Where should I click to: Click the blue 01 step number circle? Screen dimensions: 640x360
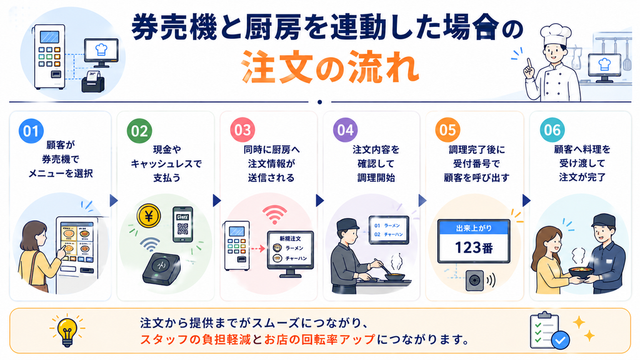tap(31, 131)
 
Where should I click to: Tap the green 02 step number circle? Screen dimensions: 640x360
tap(139, 131)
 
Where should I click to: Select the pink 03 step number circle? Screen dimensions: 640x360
tap(242, 130)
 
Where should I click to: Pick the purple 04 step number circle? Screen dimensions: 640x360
tap(345, 130)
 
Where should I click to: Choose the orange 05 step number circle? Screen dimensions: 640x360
tap(447, 130)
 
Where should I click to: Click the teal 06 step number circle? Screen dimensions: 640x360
tap(552, 130)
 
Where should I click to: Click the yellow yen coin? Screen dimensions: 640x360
tap(149, 216)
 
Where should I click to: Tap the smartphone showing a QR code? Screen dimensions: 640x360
tap(182, 224)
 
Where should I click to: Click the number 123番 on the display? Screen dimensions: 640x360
tap(474, 247)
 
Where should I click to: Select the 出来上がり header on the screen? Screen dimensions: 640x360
tap(474, 228)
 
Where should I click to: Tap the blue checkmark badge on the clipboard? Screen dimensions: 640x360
tap(561, 339)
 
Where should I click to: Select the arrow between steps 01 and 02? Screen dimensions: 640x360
tap(114, 201)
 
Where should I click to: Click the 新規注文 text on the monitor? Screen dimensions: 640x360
tap(290, 238)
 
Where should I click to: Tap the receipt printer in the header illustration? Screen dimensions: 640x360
tap(93, 81)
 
